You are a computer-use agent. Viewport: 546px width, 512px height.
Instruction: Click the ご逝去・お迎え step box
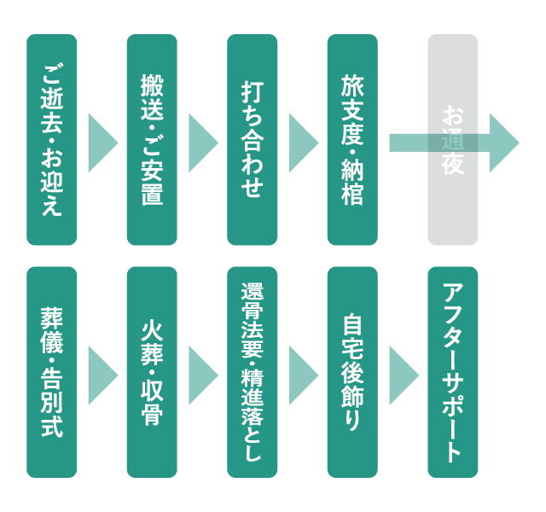tap(52, 140)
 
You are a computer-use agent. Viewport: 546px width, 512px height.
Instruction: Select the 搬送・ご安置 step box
tap(152, 140)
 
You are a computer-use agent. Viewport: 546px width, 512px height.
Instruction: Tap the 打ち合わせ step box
tap(253, 140)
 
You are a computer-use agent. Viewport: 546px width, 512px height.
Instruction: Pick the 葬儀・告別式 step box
tap(52, 372)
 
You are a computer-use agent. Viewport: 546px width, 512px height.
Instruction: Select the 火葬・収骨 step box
tap(152, 372)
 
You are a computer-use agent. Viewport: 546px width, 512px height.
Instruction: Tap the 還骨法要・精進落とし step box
tap(253, 372)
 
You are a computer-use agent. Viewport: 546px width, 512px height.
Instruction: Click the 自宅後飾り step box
tap(352, 372)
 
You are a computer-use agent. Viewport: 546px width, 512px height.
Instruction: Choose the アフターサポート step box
tap(453, 372)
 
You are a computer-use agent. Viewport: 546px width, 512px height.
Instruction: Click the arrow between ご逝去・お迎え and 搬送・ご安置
tap(102, 141)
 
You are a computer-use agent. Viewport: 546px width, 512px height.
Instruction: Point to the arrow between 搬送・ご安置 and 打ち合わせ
tap(203, 141)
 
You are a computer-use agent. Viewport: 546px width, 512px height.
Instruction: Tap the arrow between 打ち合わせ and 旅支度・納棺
tap(303, 141)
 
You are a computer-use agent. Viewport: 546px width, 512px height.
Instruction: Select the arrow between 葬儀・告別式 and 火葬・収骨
tap(102, 373)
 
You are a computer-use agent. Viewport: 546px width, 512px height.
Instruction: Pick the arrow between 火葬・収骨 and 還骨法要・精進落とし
tap(203, 373)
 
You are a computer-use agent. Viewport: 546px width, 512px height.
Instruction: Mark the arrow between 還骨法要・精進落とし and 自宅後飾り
tap(303, 373)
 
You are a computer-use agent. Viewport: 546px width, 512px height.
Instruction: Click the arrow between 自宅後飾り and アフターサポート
tap(403, 373)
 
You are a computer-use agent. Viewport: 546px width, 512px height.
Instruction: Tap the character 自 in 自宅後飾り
tap(352, 326)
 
